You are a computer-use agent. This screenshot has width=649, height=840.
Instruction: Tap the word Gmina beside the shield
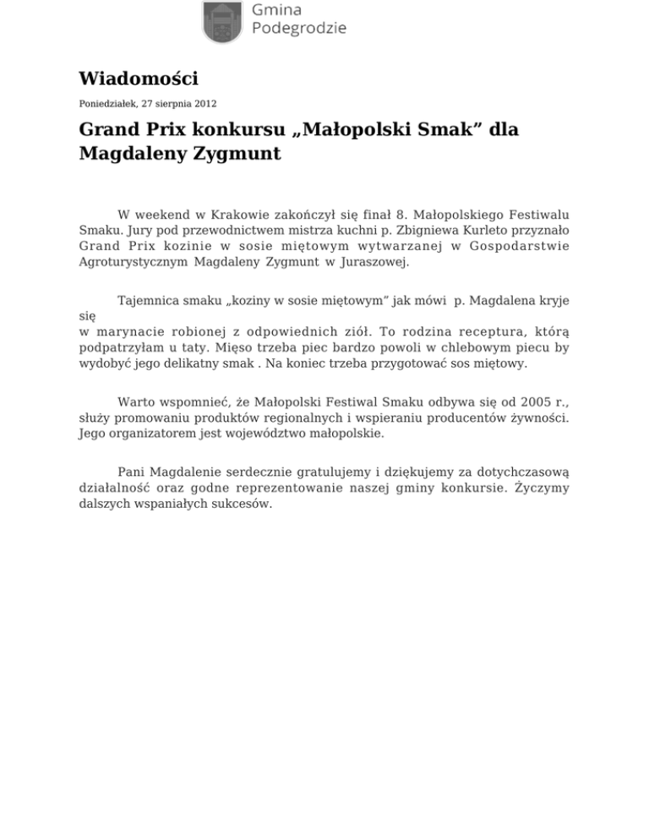point(278,9)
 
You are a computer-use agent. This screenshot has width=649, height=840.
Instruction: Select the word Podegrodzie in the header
point(300,29)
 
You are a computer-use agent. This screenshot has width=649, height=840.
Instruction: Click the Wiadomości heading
point(138,79)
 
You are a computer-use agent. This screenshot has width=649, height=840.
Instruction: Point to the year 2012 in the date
point(205,104)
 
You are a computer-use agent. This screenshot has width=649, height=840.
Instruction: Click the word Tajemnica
point(148,301)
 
